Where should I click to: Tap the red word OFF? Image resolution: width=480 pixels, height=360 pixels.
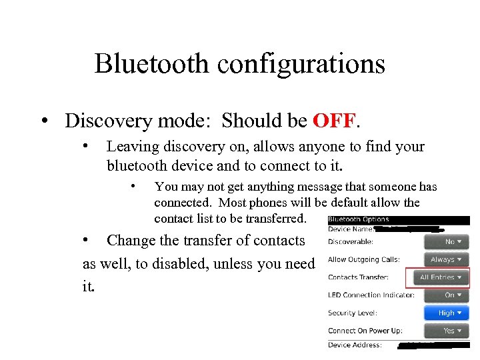pos(334,121)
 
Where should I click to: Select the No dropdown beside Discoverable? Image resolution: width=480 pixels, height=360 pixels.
pos(446,242)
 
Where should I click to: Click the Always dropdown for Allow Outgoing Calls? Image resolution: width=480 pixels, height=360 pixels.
pos(446,259)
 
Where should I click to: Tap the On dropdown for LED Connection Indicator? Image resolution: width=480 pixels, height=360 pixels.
pos(446,295)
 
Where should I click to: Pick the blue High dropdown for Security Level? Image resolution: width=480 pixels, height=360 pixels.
pos(446,313)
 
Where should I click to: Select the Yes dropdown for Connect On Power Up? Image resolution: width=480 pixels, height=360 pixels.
pos(446,331)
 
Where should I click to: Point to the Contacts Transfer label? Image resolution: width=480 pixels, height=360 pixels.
pos(358,277)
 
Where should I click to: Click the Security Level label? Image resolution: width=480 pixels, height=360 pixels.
pos(353,313)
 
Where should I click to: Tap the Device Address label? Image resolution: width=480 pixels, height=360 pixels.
pos(355,345)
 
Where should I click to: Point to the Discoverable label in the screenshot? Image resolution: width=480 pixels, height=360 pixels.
pos(350,242)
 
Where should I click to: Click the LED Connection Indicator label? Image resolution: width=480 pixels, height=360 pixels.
pos(371,295)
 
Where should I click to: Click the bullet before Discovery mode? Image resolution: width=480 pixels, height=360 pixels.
pos(44,121)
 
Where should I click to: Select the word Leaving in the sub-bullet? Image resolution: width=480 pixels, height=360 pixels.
pos(131,147)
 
